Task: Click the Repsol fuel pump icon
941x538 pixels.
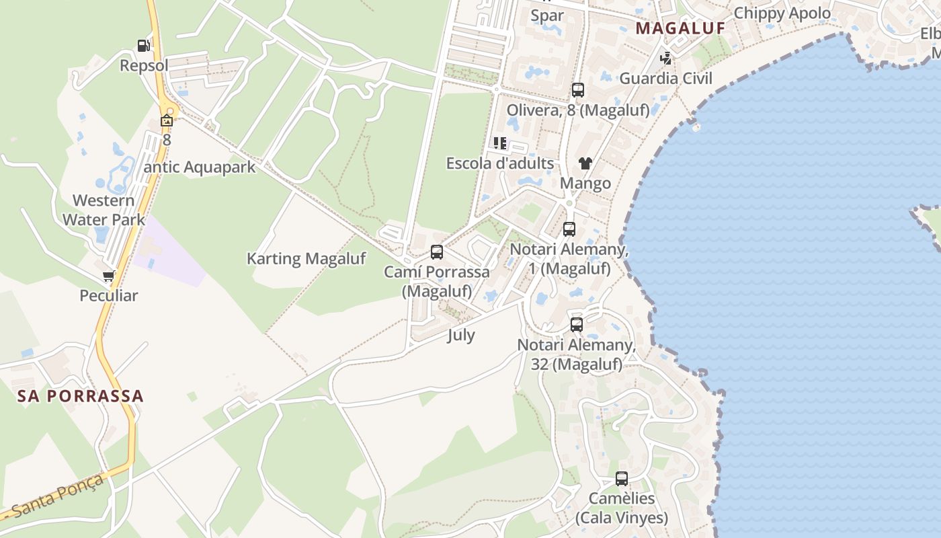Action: point(143,46)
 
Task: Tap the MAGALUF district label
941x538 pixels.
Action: point(680,28)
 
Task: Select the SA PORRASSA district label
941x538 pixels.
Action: point(81,395)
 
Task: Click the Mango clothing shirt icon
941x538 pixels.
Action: point(585,163)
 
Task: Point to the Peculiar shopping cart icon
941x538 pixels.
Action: point(109,276)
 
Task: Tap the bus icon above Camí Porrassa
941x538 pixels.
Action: point(437,252)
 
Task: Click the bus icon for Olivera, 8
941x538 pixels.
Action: point(578,90)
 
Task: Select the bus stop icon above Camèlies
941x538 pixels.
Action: point(622,479)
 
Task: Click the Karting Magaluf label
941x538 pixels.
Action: point(306,258)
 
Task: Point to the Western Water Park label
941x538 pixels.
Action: point(104,210)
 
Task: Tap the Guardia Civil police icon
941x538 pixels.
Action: point(665,59)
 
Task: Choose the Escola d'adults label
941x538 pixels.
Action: point(500,163)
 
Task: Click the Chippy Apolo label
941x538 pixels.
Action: point(782,13)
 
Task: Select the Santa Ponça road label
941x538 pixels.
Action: point(58,496)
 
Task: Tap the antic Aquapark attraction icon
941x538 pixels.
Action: point(167,121)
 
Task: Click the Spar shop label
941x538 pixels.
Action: point(548,15)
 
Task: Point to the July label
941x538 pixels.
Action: point(461,335)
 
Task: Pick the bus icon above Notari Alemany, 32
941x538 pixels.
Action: point(577,325)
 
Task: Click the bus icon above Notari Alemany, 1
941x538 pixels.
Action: point(569,229)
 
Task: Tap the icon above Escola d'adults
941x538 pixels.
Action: point(500,143)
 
